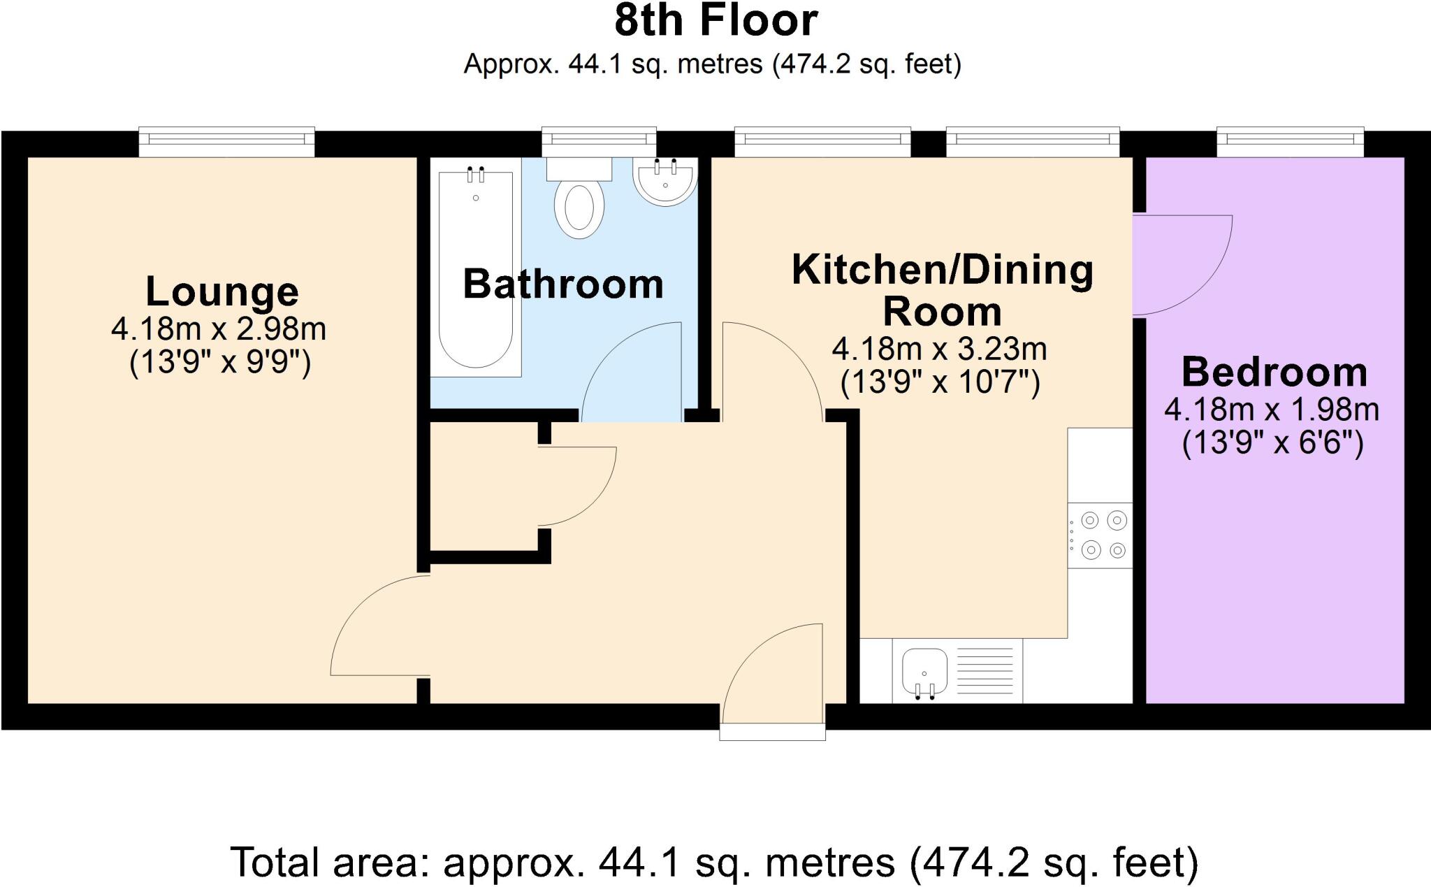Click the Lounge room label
pos(221,291)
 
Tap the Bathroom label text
pos(563,284)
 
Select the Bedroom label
pos(1274,372)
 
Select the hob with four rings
pos(1101,535)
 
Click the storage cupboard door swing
pos(576,486)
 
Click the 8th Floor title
pos(715,21)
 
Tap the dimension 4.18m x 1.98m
pos(1272,410)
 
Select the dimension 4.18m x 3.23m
pos(939,349)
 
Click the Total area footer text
pos(714,863)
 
